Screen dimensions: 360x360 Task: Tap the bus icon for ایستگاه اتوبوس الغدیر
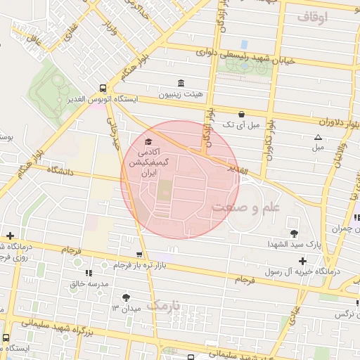[103, 89]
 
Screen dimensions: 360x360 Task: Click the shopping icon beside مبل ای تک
[242, 113]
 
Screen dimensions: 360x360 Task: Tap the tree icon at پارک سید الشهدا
[293, 233]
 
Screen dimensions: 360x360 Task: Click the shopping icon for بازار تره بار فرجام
[139, 255]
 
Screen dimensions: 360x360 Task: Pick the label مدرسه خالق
[89, 284]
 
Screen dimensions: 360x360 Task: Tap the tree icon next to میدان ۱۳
[126, 297]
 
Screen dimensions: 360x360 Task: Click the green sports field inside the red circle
[163, 191]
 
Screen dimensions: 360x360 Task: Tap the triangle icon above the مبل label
[318, 137]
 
